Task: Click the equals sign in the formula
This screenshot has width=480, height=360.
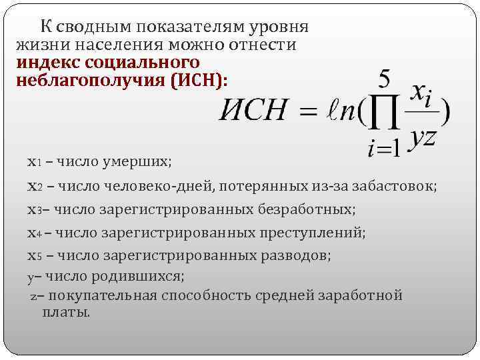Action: (310, 112)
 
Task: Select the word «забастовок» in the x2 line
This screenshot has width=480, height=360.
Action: (398, 187)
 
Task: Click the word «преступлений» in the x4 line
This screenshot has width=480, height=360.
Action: (319, 233)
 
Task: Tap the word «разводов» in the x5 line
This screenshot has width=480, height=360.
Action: (302, 255)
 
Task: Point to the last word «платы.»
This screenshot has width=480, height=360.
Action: (66, 312)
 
